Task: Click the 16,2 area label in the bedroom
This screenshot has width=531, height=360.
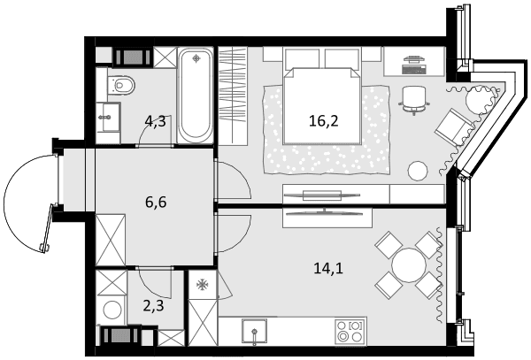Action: pyautogui.click(x=323, y=121)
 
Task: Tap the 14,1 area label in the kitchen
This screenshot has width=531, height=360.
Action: pyautogui.click(x=328, y=269)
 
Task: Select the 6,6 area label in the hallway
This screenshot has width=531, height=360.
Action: pyautogui.click(x=156, y=203)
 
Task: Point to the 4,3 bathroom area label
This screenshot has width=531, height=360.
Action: pyautogui.click(x=155, y=121)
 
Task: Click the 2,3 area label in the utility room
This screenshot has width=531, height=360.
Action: pyautogui.click(x=153, y=306)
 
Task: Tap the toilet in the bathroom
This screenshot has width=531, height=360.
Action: pyautogui.click(x=121, y=85)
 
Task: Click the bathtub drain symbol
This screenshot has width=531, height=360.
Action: pyautogui.click(x=196, y=59)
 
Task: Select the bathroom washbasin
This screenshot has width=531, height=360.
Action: pyautogui.click(x=109, y=117)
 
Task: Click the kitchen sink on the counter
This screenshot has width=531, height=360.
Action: pyautogui.click(x=254, y=330)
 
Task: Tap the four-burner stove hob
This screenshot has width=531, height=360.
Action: pyautogui.click(x=350, y=331)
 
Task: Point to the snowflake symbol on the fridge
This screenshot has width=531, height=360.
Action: pyautogui.click(x=203, y=285)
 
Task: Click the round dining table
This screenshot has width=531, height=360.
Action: pyautogui.click(x=409, y=265)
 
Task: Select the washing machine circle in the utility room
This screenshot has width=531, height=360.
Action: pyautogui.click(x=112, y=310)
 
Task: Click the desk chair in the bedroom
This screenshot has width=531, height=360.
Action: pyautogui.click(x=413, y=99)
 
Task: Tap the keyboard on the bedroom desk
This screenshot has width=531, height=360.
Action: pyautogui.click(x=413, y=69)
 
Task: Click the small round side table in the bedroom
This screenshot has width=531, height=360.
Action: pyautogui.click(x=418, y=171)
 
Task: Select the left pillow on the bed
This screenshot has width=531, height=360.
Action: pyautogui.click(x=302, y=59)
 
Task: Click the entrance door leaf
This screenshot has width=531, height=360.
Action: pyautogui.click(x=47, y=228)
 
